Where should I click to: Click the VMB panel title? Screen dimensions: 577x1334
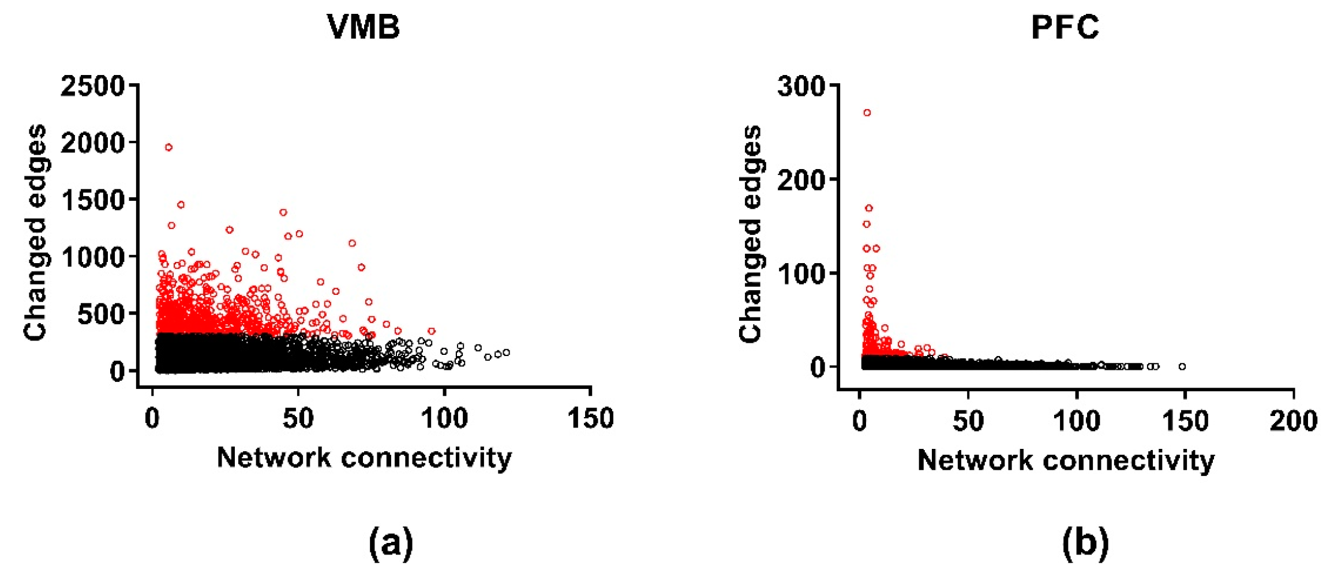click(364, 27)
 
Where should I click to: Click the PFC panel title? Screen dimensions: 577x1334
click(1065, 27)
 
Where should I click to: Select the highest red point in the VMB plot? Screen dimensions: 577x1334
click(168, 147)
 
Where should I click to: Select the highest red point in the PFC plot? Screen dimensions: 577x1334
click(867, 113)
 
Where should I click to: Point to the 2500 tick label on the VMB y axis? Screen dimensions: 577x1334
click(92, 86)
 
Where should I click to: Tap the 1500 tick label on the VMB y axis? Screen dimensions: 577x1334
click(92, 200)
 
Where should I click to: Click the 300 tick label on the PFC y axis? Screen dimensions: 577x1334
click(801, 87)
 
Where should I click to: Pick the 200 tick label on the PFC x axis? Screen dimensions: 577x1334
click(1293, 421)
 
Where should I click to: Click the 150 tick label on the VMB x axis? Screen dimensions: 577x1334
click(590, 418)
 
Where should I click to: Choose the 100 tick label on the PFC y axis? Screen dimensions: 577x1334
click(801, 273)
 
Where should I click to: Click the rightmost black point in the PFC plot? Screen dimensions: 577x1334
click(1182, 366)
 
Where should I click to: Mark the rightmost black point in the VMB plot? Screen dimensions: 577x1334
click(506, 352)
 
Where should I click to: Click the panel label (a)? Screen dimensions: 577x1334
click(391, 542)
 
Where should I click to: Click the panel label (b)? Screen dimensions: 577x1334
click(1085, 542)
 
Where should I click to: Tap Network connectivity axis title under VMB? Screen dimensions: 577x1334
click(364, 458)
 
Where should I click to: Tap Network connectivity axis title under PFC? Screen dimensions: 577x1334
click(1066, 460)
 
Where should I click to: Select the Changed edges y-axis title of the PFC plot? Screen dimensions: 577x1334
click(750, 234)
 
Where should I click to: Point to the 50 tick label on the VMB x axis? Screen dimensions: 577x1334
click(298, 418)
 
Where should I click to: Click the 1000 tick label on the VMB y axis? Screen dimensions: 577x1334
click(92, 257)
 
